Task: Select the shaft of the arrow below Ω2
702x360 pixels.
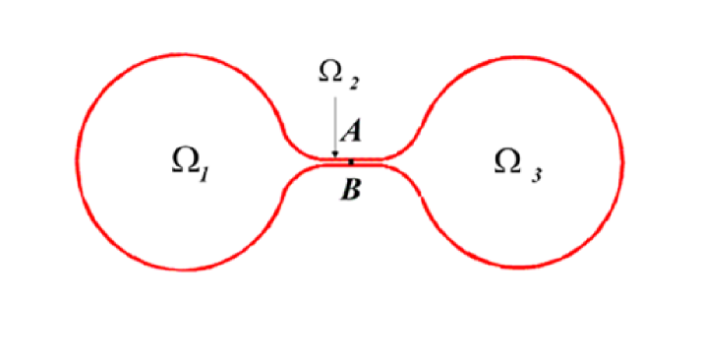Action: click(334, 123)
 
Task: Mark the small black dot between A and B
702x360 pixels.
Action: click(351, 161)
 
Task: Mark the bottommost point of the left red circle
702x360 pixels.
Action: click(182, 269)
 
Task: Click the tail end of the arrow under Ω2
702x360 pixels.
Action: click(334, 94)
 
